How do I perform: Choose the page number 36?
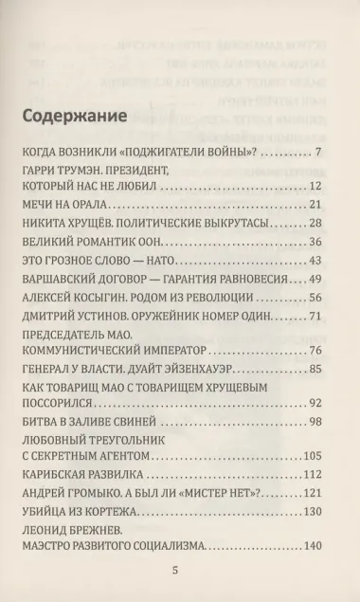(316, 241)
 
